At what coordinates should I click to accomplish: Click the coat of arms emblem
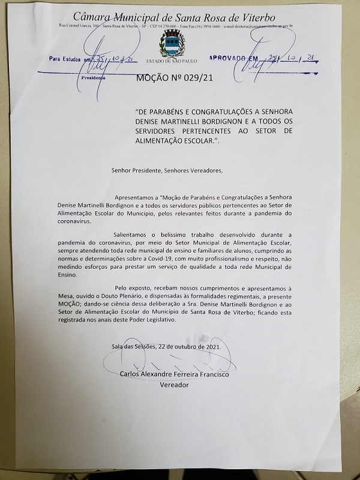(x=172, y=43)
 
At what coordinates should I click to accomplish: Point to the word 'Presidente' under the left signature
(x=93, y=78)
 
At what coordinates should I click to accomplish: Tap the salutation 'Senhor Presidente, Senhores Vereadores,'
(x=166, y=170)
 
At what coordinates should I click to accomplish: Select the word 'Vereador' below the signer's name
(x=174, y=385)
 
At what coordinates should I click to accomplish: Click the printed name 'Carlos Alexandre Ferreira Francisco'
(x=174, y=374)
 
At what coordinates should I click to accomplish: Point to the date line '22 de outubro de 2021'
(x=189, y=346)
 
